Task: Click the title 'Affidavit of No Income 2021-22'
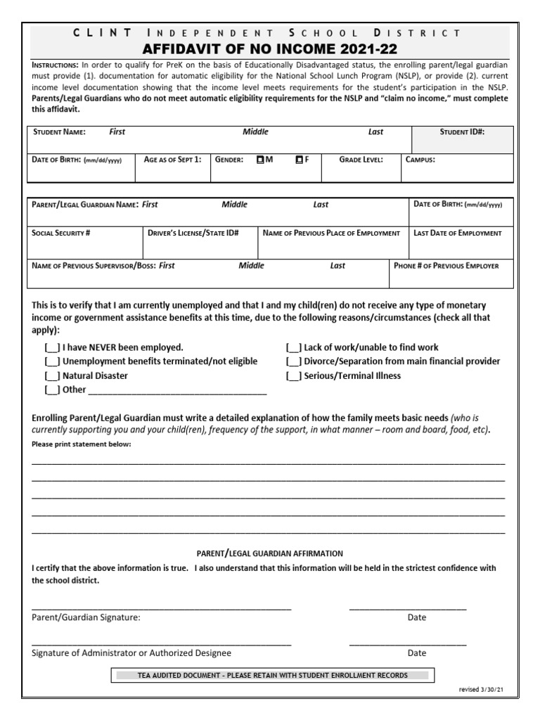tap(270, 49)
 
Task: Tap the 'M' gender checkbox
tap(260, 160)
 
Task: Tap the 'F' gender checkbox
tap(300, 160)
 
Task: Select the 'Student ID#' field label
tap(462, 131)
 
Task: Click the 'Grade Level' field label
tap(361, 160)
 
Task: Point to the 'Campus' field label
tap(420, 160)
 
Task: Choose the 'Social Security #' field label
tap(61, 233)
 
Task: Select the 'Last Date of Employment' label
tap(458, 233)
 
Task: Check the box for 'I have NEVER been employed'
tap(52, 347)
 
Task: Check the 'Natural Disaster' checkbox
tap(52, 375)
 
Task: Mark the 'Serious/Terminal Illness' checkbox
tap(294, 375)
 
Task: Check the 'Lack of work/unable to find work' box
tap(294, 347)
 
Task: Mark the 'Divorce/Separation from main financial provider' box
tap(294, 361)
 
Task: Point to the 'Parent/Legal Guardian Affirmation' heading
tap(269, 553)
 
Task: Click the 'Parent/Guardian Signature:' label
tap(86, 617)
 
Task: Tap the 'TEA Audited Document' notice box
tap(272, 676)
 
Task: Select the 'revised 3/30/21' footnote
tap(482, 690)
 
